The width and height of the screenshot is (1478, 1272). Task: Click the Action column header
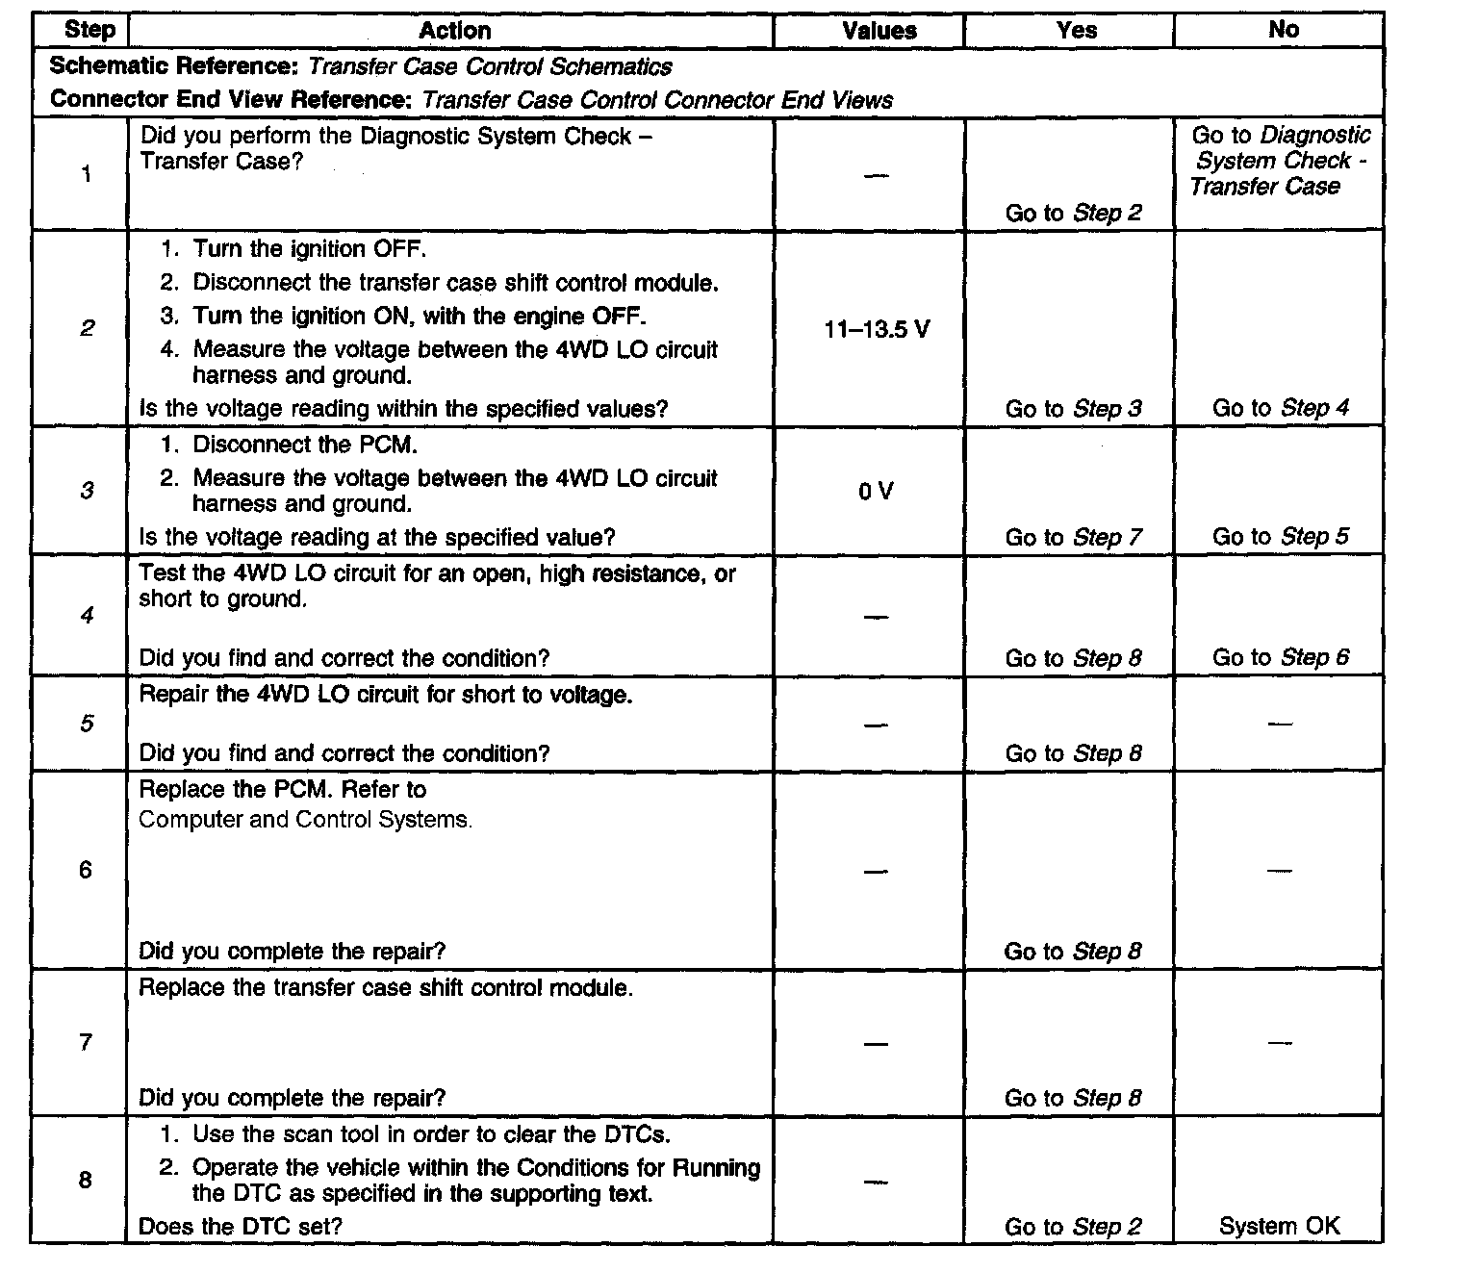coord(454,31)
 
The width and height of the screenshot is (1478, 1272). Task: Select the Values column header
coord(879,31)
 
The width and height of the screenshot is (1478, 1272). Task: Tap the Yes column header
coord(1076,31)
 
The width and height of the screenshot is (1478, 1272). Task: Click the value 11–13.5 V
coord(877,330)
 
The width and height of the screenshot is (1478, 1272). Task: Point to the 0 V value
coord(876,492)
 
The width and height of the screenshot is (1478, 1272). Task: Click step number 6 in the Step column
coord(86,870)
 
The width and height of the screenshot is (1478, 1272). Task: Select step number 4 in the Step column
coord(87,615)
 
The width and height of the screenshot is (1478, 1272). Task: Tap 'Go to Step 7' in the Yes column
coord(1073,537)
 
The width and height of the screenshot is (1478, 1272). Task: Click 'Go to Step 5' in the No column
coord(1280,537)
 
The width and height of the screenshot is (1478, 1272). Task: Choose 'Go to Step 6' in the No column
coord(1280,658)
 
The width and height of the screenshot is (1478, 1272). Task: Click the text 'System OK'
coord(1279,1226)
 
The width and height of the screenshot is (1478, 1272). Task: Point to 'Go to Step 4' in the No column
coord(1280,408)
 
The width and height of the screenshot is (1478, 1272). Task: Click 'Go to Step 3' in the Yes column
coord(1073,408)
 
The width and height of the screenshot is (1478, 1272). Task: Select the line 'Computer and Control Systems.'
coord(306,820)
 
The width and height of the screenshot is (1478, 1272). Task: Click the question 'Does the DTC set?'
coord(241,1226)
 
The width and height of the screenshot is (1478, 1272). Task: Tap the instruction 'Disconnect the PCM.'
coord(305,445)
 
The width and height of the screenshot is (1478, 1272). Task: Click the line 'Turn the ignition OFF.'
coord(309,249)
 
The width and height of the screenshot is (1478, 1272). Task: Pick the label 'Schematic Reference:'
coord(175,66)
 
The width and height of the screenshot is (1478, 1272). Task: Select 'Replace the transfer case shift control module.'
coord(386,988)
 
